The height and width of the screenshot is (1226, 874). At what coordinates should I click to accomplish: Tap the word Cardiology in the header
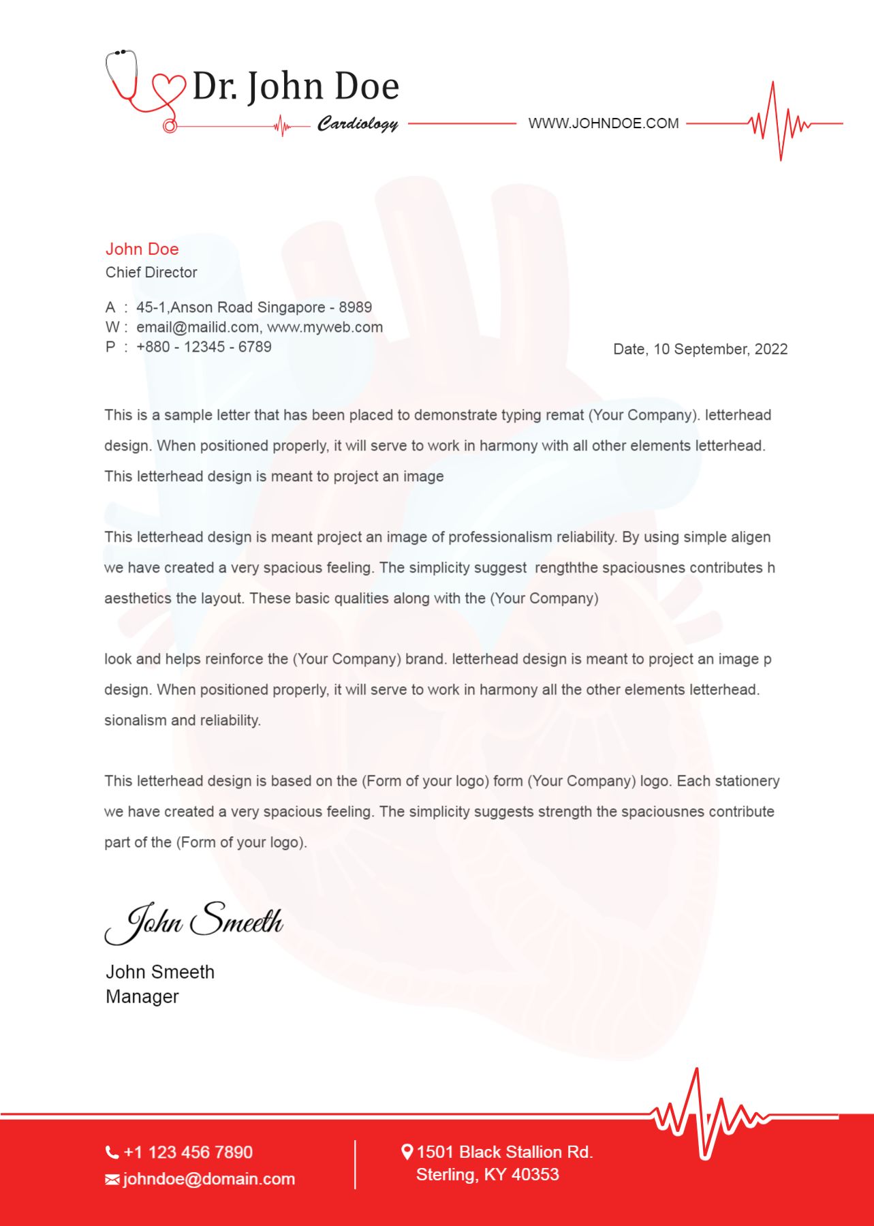[358, 123]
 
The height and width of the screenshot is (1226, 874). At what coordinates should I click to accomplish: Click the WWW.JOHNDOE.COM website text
[604, 123]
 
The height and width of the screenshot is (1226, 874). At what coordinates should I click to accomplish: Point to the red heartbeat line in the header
[779, 123]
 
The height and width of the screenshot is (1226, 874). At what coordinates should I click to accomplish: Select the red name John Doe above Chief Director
[142, 249]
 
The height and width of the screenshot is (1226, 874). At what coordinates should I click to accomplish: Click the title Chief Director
[151, 273]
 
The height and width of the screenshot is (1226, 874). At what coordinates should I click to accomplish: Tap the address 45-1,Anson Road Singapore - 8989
[254, 307]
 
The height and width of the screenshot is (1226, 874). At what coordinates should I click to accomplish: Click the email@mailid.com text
[198, 327]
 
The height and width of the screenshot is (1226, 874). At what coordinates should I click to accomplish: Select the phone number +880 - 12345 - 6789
[204, 347]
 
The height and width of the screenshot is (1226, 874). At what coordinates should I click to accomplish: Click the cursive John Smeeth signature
[194, 922]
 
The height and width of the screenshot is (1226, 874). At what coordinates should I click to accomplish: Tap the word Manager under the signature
[142, 996]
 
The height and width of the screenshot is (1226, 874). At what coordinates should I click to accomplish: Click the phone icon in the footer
[112, 1152]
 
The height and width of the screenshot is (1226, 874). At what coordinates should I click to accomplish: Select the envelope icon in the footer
[112, 1180]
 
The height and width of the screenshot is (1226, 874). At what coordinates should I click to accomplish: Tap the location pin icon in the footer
[407, 1152]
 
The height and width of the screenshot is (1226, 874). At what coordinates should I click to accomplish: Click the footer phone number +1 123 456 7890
[188, 1152]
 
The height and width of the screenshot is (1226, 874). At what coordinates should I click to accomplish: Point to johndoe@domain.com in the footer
[209, 1179]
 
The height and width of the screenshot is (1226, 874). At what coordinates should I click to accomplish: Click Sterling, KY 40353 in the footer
[488, 1174]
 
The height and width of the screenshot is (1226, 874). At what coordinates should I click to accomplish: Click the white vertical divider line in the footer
[355, 1165]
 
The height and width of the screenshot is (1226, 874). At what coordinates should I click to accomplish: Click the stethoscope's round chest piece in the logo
[170, 126]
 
